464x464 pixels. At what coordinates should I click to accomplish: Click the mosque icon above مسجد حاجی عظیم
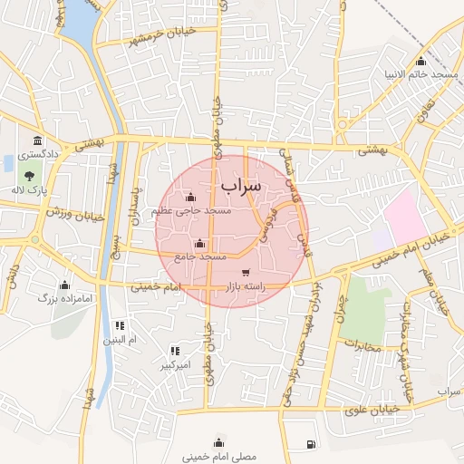[190, 198]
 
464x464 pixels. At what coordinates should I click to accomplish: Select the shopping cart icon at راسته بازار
[246, 273]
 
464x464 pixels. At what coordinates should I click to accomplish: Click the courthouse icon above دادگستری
[37, 140]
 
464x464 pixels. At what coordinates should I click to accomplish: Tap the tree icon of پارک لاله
[30, 177]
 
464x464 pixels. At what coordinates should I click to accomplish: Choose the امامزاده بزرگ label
[61, 297]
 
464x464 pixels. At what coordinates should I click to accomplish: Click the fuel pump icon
[312, 444]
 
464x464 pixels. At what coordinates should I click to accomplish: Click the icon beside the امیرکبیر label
[175, 351]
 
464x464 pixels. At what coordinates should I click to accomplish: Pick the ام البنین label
[119, 340]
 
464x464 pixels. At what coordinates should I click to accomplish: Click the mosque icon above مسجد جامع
[200, 243]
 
